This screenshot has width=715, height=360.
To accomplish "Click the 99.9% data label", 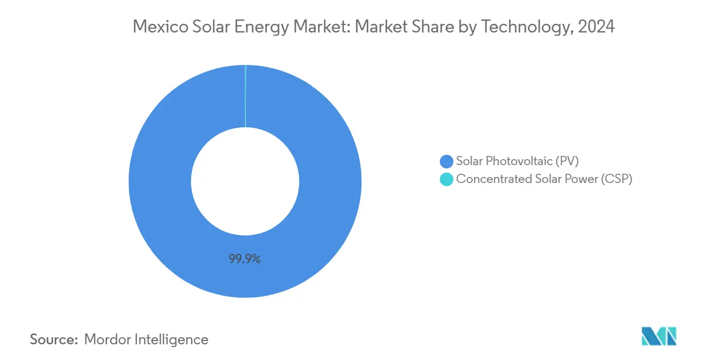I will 245,259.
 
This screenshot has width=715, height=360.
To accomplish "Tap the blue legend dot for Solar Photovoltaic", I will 446,161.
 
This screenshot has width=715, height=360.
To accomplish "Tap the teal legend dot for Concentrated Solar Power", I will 446,180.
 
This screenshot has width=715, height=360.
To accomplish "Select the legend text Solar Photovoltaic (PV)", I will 517,161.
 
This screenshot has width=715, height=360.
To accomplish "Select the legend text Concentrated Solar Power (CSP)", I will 544,179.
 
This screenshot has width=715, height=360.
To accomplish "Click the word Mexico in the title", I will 159,27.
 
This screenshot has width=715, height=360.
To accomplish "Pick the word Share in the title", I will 439,27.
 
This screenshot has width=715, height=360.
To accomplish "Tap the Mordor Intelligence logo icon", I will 659,336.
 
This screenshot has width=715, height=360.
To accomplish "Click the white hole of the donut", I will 245,181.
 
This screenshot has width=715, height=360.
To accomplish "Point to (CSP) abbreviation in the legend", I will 616,179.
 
